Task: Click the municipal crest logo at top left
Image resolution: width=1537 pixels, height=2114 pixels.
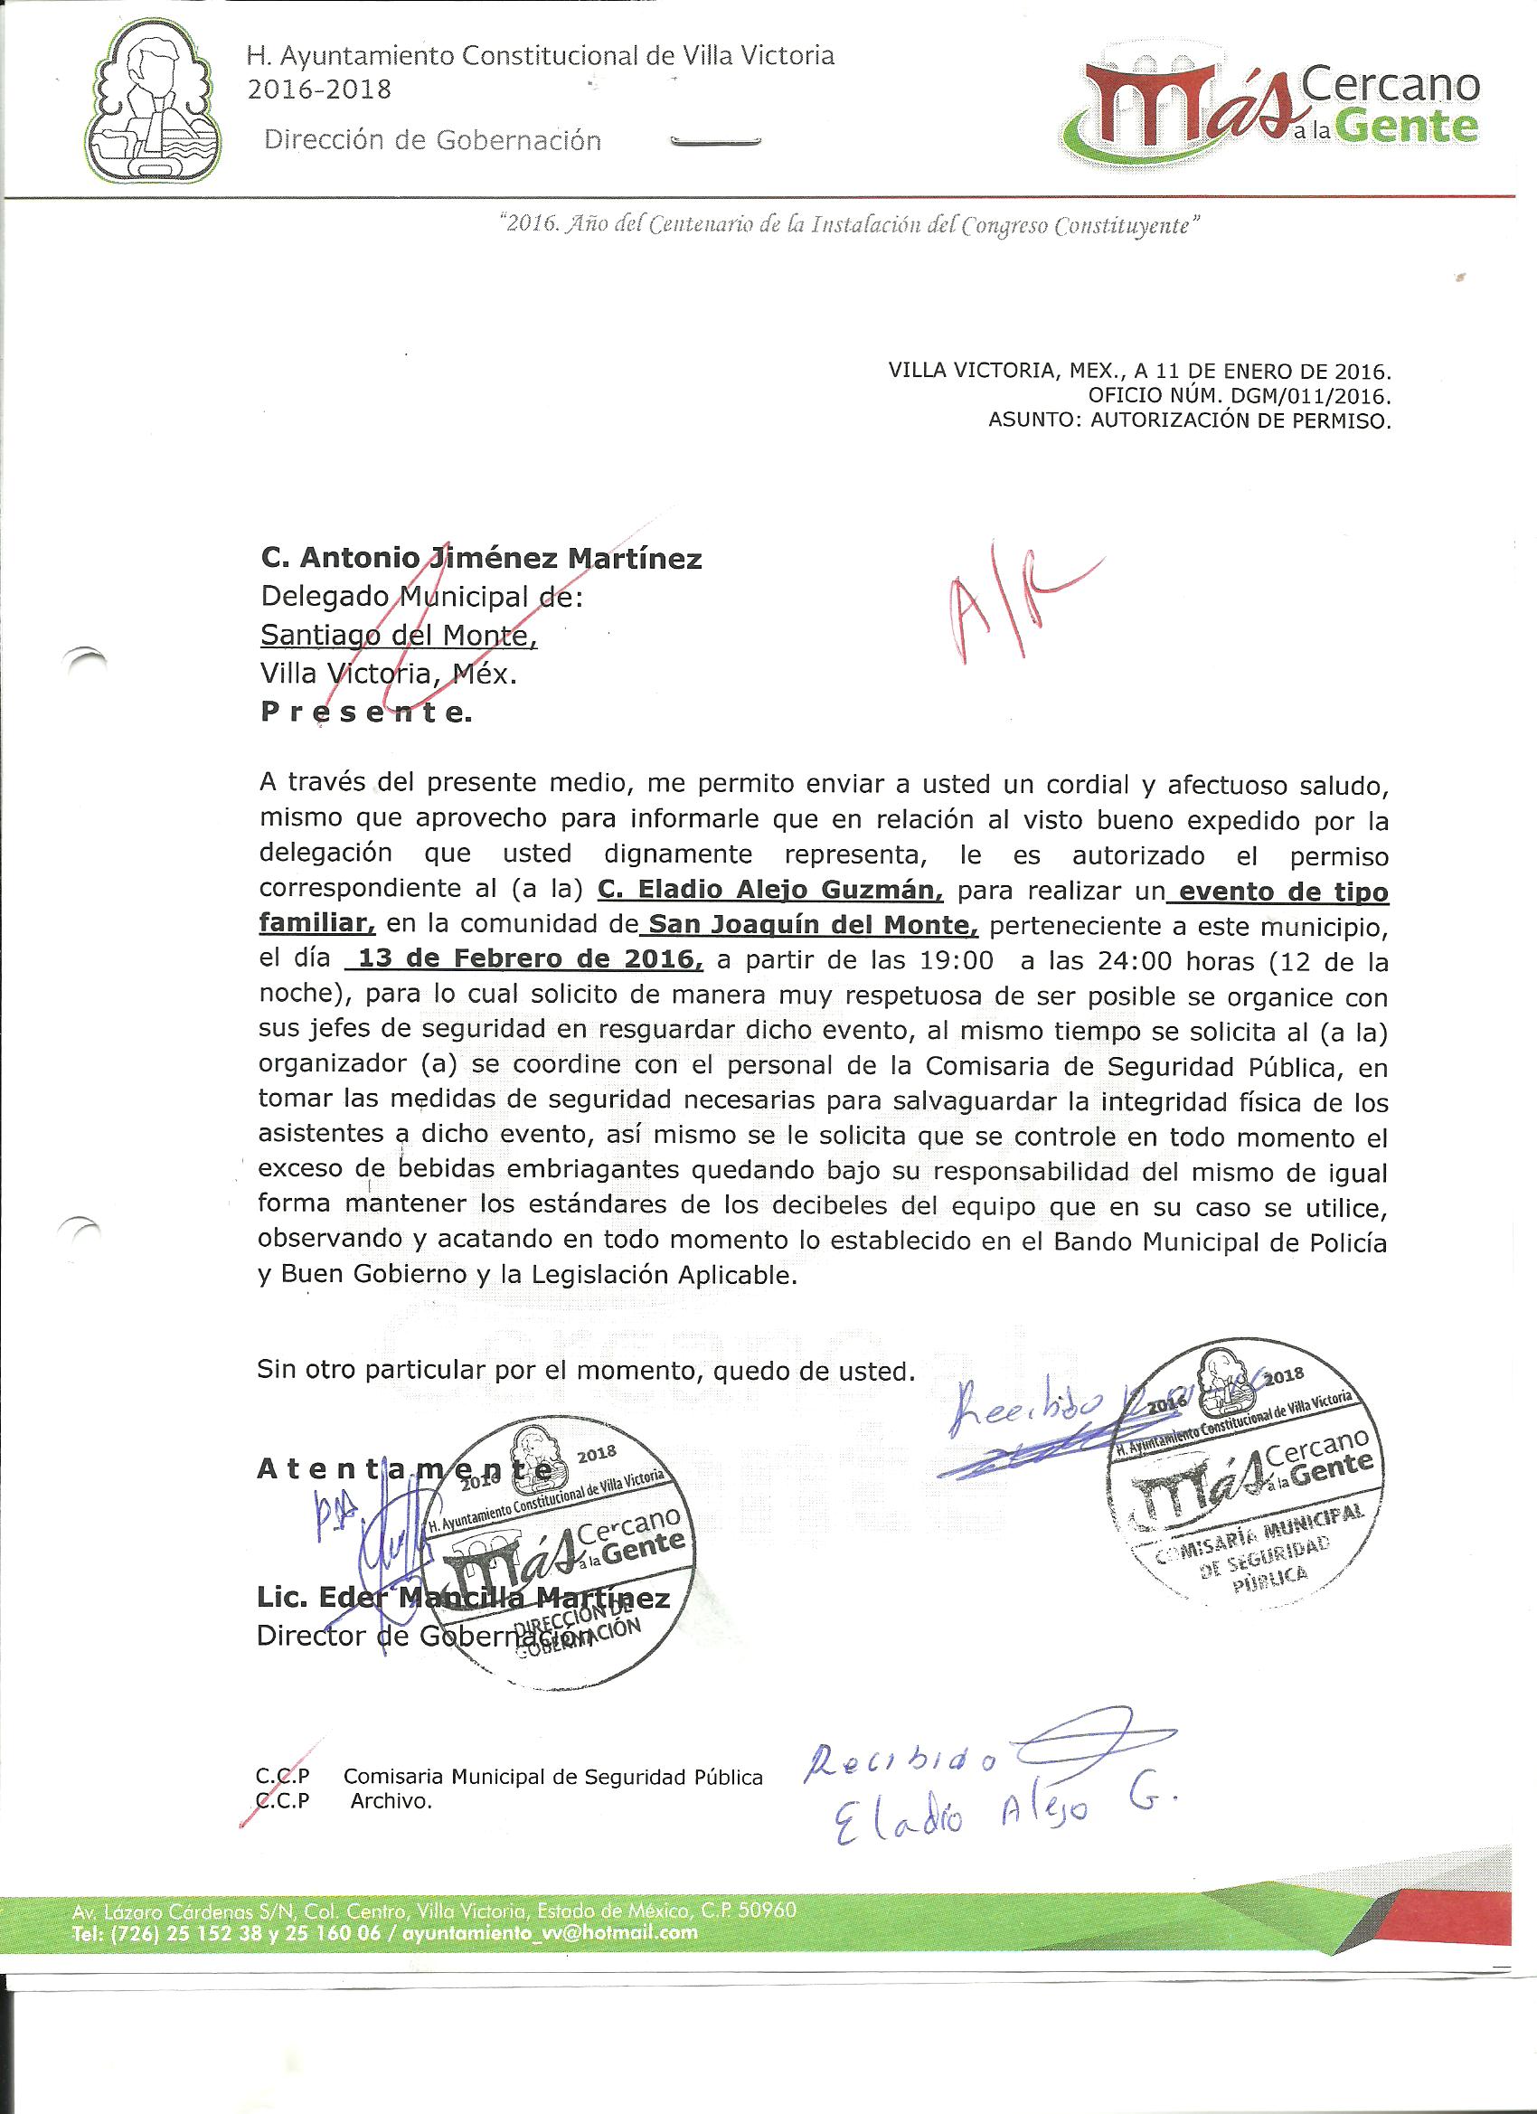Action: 156,99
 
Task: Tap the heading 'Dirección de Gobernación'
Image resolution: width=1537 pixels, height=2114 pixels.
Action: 432,140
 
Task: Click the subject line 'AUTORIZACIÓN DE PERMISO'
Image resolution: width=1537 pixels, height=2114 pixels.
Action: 1240,421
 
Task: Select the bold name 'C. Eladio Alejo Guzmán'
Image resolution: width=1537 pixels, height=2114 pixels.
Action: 770,892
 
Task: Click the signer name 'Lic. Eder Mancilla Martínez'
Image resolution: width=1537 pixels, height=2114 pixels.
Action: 462,1599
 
